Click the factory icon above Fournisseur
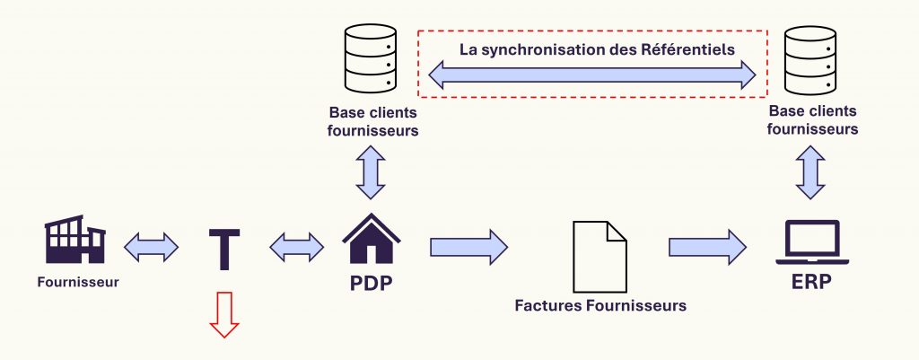pyautogui.click(x=75, y=240)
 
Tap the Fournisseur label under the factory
pyautogui.click(x=78, y=282)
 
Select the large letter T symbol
pyautogui.click(x=223, y=249)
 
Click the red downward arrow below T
pyautogui.click(x=223, y=315)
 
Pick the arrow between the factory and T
pyautogui.click(x=151, y=246)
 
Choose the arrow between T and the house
pyautogui.click(x=297, y=246)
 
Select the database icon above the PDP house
pyautogui.click(x=370, y=61)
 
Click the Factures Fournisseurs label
pyautogui.click(x=600, y=305)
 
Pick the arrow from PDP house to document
pyautogui.click(x=468, y=246)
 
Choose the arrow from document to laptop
pyautogui.click(x=707, y=246)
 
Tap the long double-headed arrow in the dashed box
pyautogui.click(x=593, y=77)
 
